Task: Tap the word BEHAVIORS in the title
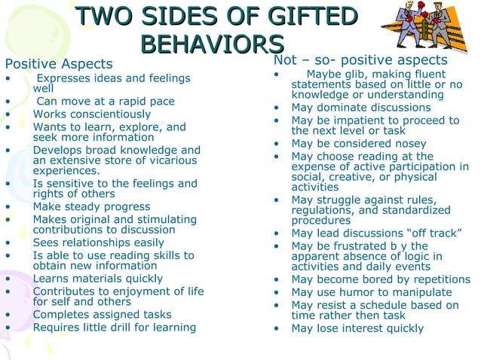tap(212, 42)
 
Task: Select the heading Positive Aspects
tap(59, 64)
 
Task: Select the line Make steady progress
tap(91, 206)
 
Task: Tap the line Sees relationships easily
tap(98, 243)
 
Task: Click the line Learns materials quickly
tap(97, 279)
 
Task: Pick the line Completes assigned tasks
tap(102, 314)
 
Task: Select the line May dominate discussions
tap(361, 107)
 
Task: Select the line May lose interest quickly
tap(357, 328)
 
